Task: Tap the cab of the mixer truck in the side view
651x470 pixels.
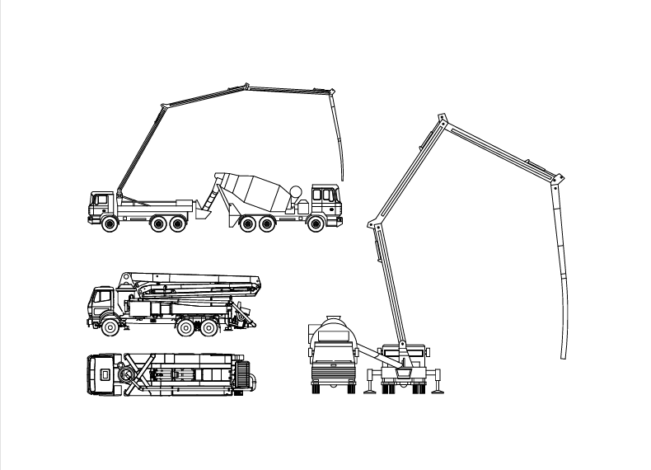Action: [x=325, y=203]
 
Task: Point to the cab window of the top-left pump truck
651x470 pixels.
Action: [x=101, y=200]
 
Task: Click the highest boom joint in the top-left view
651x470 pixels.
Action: [x=246, y=84]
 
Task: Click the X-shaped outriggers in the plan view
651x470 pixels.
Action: [x=138, y=373]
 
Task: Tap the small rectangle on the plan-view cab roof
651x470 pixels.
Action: [x=105, y=374]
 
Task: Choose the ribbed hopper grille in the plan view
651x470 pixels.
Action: [x=241, y=377]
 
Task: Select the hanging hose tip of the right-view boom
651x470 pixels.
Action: [x=564, y=357]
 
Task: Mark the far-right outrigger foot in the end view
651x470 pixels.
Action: [x=443, y=389]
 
